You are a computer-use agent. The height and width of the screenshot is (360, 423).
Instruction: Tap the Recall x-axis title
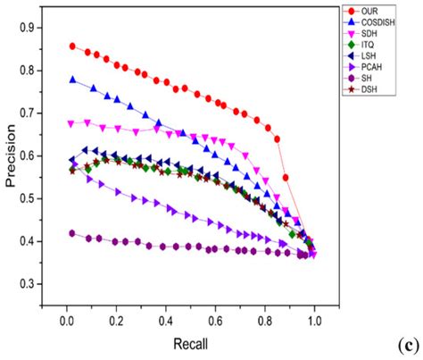(188, 341)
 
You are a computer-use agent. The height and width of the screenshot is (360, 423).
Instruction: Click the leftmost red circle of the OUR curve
(72, 46)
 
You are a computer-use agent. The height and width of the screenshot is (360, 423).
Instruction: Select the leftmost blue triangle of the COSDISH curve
(72, 80)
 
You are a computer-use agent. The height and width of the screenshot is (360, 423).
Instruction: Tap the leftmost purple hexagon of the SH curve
(72, 233)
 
